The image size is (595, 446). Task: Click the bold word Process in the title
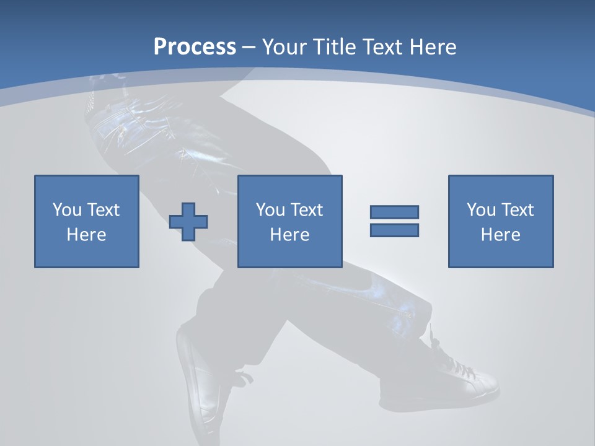195,47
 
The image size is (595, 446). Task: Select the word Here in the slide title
431,47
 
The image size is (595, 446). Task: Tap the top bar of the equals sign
394,212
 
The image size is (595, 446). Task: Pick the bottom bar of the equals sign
394,230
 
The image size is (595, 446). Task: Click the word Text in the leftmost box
103,210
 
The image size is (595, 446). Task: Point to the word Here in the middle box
290,235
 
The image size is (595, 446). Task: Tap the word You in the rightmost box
481,210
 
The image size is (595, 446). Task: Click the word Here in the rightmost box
501,235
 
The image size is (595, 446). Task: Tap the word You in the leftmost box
67,210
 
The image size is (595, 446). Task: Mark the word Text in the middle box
306,210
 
